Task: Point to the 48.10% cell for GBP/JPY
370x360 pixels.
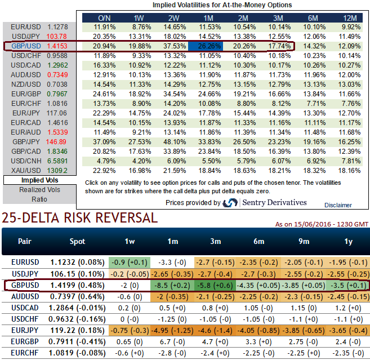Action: tap(169, 142)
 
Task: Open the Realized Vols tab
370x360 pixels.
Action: tap(39, 190)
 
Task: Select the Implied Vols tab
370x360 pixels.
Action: tap(39, 180)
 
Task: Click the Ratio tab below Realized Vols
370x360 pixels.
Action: tap(39, 199)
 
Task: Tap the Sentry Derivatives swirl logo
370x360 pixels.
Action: tap(230, 203)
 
